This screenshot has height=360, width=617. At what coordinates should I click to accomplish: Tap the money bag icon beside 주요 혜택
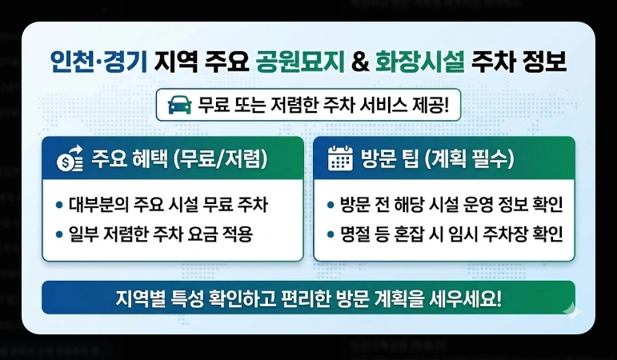[67, 158]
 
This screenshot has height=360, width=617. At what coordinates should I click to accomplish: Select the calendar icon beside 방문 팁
[340, 158]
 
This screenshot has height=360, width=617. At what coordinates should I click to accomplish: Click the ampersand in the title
[361, 62]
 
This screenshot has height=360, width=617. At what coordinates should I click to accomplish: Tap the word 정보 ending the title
[545, 62]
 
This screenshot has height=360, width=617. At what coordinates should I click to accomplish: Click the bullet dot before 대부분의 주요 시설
[60, 206]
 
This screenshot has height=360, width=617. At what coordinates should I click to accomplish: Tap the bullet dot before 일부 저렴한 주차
[60, 234]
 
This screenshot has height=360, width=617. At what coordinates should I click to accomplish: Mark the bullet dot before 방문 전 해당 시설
[332, 206]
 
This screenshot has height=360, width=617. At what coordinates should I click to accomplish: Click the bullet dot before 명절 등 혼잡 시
[332, 234]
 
